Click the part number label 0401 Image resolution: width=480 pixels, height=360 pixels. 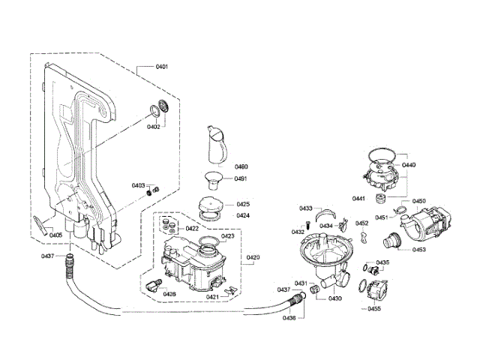click(161, 67)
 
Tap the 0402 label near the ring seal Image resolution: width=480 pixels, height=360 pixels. click(153, 127)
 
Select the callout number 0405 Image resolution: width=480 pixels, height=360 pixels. click(55, 235)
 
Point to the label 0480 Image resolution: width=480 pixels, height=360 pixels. click(241, 166)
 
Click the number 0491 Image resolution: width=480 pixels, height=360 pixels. click(241, 178)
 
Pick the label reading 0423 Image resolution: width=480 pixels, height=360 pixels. click(228, 236)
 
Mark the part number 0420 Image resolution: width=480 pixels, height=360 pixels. click(253, 257)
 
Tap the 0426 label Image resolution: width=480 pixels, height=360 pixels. click(169, 294)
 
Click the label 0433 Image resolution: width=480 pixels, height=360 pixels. click(305, 208)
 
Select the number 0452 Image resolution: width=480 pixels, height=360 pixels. click(361, 223)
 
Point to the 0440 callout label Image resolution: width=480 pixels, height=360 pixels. click(409, 164)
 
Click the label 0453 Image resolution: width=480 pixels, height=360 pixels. click(418, 249)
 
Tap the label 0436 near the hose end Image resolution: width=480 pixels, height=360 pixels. click(289, 318)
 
